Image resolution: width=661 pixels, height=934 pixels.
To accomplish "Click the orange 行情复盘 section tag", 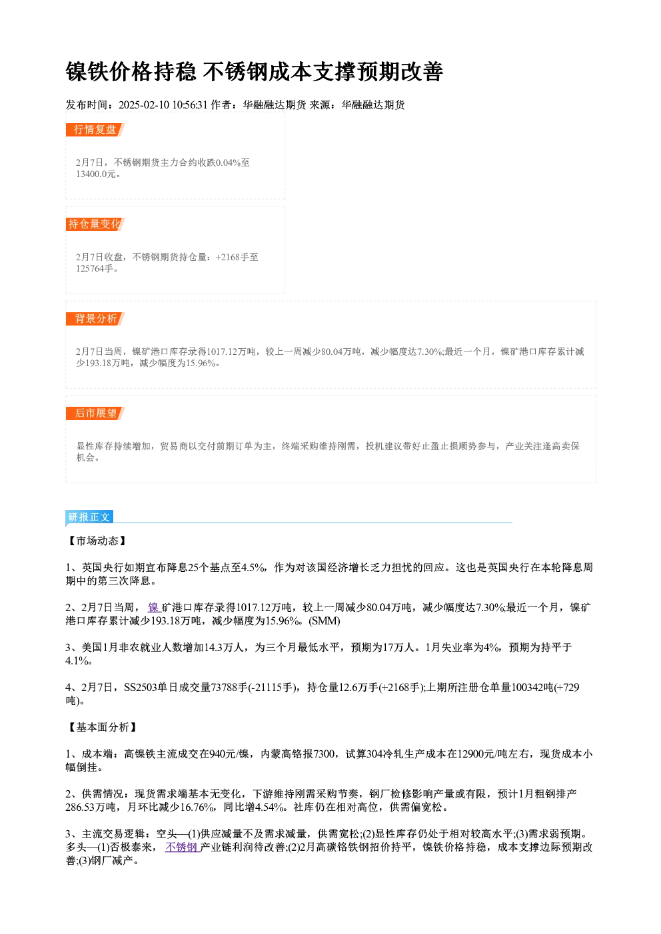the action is pos(95,130).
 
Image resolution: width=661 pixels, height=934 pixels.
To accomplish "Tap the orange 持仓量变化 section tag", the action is pos(95,224).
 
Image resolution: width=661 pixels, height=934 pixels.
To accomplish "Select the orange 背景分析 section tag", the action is pos(95,319).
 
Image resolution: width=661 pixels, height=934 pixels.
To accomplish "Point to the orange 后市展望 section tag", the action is pos(95,413).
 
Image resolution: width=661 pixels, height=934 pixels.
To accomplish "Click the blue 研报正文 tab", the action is pos(89,517).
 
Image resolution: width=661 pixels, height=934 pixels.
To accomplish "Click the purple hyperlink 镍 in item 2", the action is pos(153,608).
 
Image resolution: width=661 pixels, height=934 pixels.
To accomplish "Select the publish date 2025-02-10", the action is pos(144,105).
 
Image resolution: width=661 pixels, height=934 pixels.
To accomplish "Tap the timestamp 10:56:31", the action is pos(190,105).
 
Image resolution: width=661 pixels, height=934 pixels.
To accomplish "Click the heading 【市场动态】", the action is pos(97,541).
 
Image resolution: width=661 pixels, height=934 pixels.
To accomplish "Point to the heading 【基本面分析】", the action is pos(102,728).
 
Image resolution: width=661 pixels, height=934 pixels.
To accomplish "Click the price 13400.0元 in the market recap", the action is pos(95,174).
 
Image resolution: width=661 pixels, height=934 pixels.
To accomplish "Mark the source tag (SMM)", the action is pos(325,621).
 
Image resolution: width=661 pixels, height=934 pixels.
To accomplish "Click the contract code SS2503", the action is pos(140,688).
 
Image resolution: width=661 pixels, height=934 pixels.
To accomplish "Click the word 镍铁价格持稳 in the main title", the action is pos(131,72).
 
